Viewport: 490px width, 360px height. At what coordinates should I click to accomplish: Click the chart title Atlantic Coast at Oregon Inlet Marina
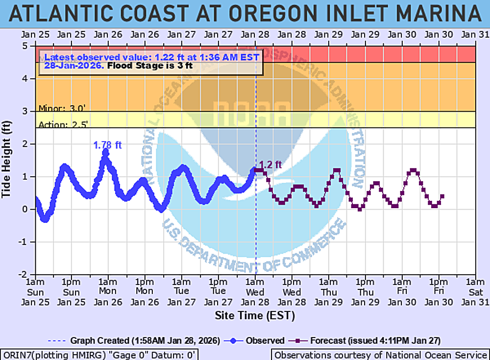pos(245,13)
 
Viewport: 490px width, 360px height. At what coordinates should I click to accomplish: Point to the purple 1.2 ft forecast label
pos(270,165)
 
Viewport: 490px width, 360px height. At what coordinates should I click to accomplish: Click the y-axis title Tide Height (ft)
pos(7,161)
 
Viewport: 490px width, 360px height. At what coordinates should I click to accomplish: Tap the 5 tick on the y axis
pos(24,46)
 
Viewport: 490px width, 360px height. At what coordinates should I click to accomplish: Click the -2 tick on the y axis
pos(23,275)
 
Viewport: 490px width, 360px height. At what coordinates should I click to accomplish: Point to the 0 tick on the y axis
pos(24,210)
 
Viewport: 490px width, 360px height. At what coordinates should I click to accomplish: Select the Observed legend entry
pos(260,340)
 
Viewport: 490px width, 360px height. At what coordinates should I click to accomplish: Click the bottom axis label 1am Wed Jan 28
pos(255,291)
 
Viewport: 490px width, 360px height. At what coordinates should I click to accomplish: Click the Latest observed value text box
pos(151,61)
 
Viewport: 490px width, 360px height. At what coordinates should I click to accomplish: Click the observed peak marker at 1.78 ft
pos(105,152)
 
